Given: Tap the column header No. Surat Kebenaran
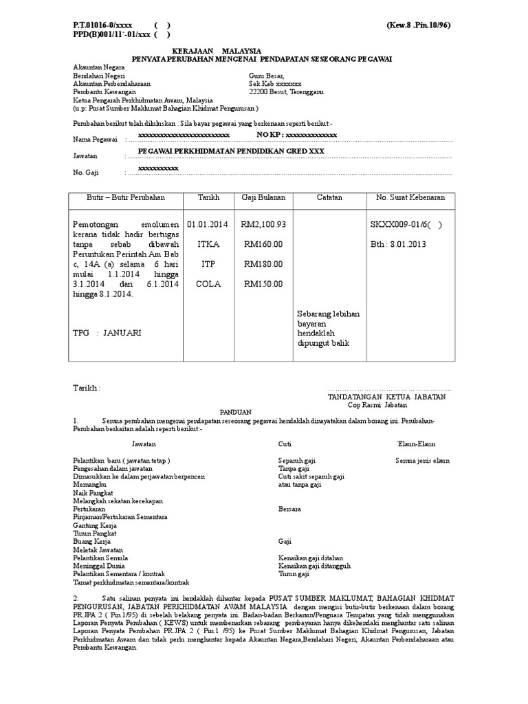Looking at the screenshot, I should click(410, 197).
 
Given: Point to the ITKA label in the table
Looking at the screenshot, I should click(208, 244).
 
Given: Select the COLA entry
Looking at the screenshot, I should click(208, 283).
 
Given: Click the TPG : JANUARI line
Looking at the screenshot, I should click(107, 333).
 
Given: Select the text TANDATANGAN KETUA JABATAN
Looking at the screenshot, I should click(387, 397).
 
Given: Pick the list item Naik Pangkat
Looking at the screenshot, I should click(93, 492).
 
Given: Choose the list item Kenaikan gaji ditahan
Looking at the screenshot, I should click(310, 558).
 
